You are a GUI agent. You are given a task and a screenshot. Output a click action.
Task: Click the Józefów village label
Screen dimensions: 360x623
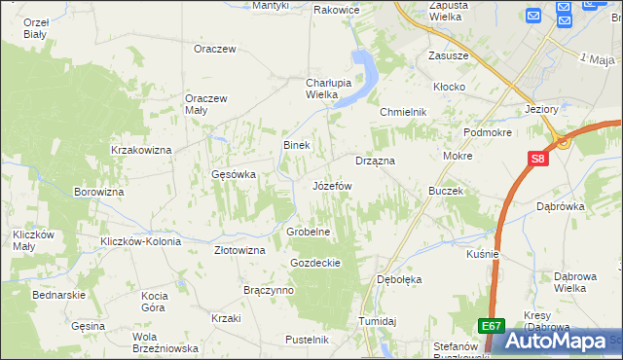click(331, 185)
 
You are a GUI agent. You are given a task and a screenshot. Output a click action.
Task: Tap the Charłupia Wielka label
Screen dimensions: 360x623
click(308, 89)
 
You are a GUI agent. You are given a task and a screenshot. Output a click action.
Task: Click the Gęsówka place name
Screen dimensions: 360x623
click(233, 175)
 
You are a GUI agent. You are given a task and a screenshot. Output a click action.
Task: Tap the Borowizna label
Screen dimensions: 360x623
click(98, 193)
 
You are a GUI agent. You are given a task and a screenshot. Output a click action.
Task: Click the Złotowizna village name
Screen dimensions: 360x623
click(239, 250)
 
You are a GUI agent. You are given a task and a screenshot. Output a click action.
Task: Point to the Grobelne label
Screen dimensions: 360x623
click(310, 233)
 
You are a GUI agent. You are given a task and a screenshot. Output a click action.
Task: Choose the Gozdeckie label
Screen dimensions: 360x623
click(314, 263)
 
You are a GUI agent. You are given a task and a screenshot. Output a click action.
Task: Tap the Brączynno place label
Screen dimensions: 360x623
click(269, 291)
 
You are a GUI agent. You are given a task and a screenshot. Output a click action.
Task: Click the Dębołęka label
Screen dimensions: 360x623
click(399, 279)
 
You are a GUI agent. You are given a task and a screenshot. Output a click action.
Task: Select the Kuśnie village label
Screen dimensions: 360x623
click(483, 254)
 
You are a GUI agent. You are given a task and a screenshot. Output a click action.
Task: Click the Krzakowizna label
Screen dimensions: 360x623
click(141, 150)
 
